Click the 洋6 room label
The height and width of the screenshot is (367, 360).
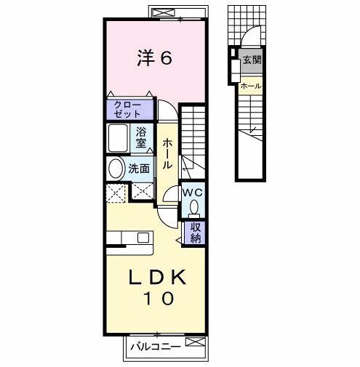point(155,59)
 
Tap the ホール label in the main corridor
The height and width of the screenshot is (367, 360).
point(167,153)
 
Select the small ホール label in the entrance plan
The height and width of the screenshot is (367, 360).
point(251,86)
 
